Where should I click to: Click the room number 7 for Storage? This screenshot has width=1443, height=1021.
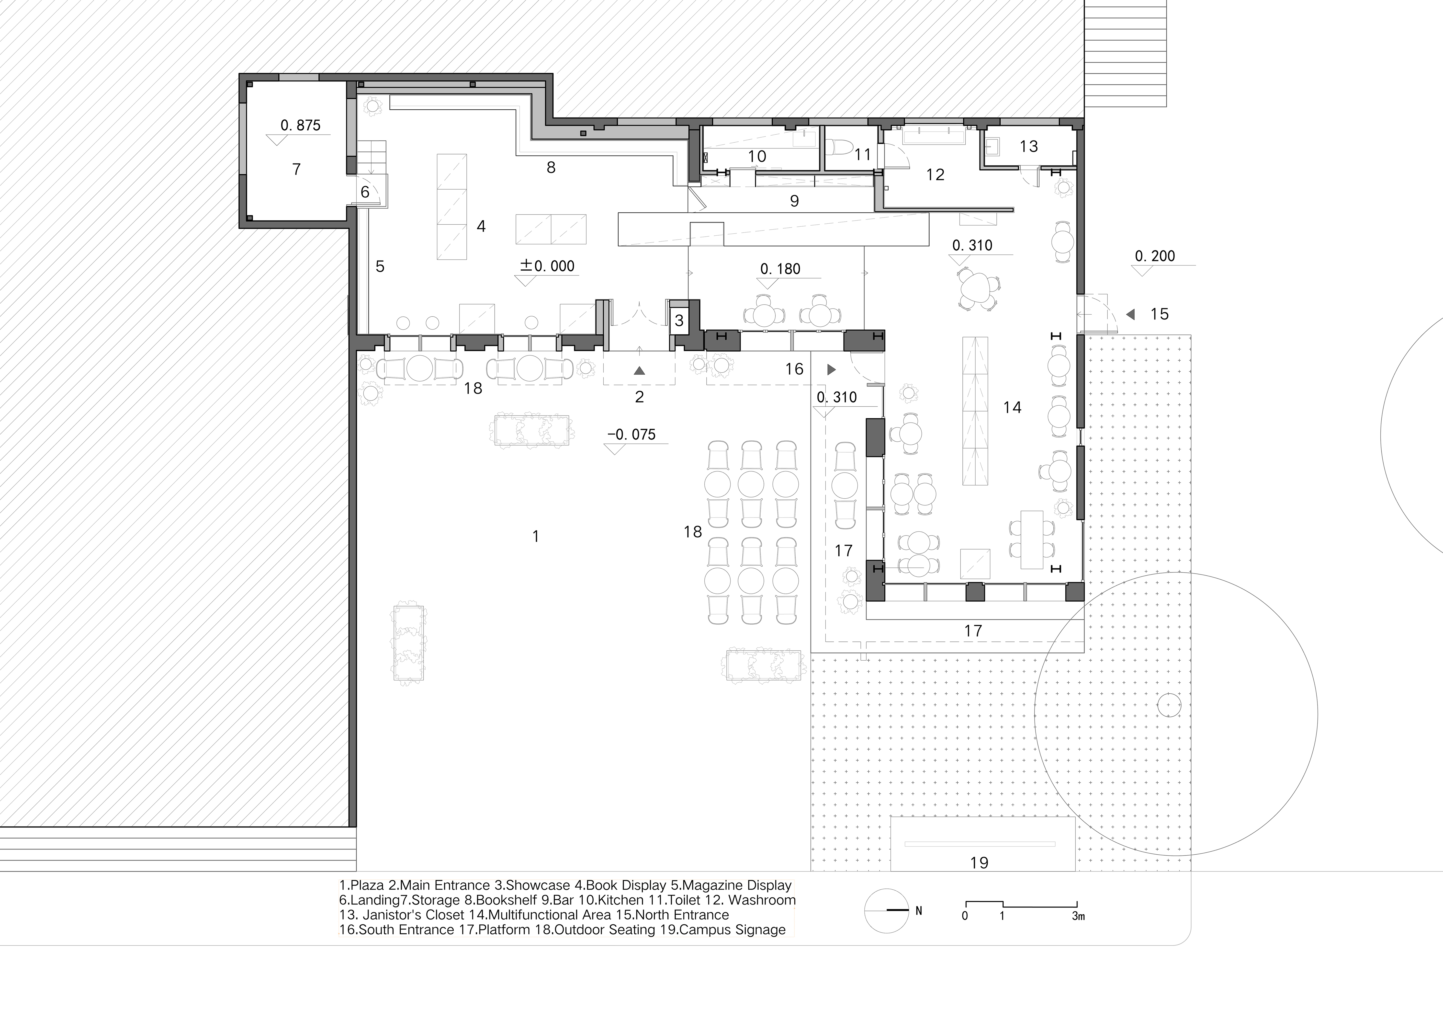click(x=297, y=169)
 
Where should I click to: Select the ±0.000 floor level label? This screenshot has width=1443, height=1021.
click(x=547, y=266)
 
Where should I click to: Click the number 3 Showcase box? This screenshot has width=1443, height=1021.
click(x=679, y=321)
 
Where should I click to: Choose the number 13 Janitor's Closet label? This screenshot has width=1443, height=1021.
click(x=1028, y=147)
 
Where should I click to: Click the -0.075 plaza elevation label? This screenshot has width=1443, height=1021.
click(x=632, y=435)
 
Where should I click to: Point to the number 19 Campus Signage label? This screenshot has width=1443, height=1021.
click(x=979, y=862)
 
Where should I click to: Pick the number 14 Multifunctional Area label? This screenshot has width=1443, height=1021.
click(x=1012, y=407)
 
